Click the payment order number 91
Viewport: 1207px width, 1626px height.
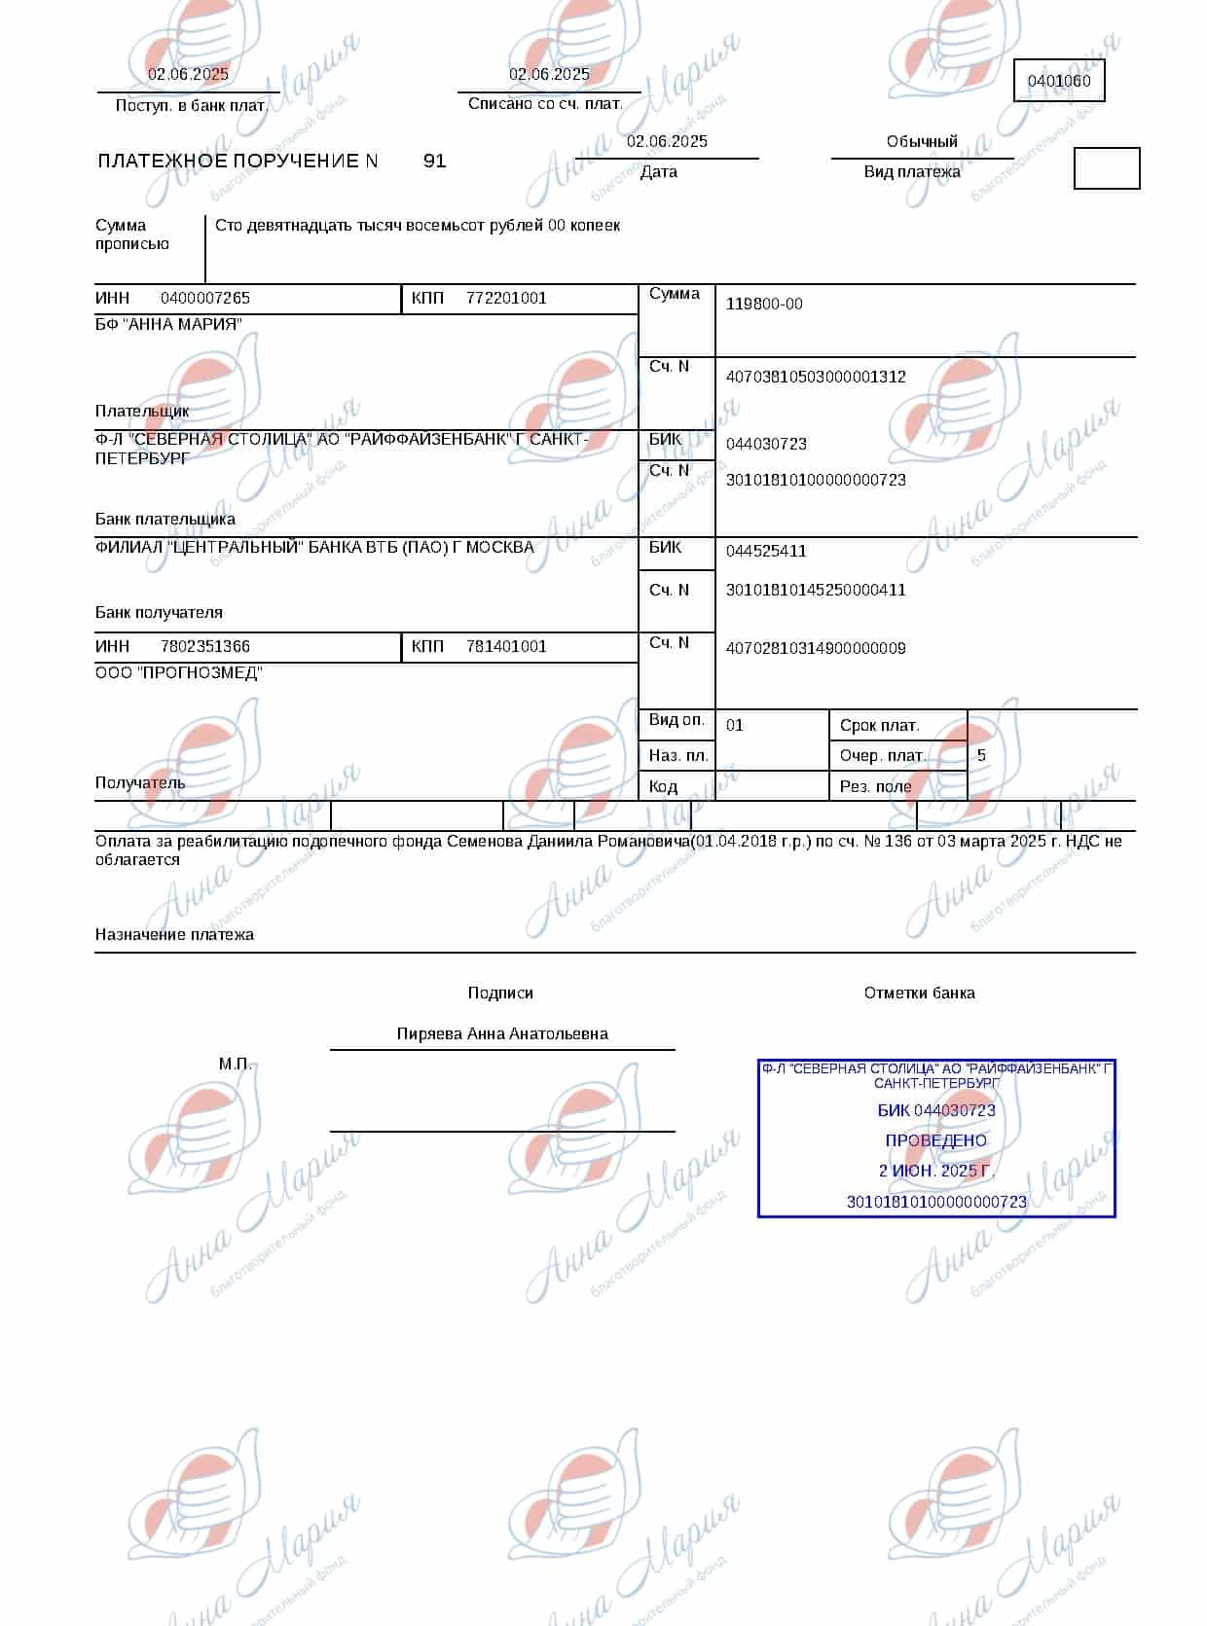pyautogui.click(x=434, y=162)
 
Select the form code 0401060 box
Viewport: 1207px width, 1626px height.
pyautogui.click(x=1059, y=82)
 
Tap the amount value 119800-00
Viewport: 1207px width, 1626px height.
pyautogui.click(x=764, y=305)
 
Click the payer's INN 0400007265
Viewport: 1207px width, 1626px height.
pyautogui.click(x=205, y=299)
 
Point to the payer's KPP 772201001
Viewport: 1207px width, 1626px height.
pyautogui.click(x=506, y=299)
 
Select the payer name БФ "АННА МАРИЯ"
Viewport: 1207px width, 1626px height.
pyautogui.click(x=168, y=325)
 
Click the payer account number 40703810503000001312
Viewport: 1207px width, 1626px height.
pyautogui.click(x=816, y=378)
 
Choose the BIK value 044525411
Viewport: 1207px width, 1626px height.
pyautogui.click(x=766, y=552)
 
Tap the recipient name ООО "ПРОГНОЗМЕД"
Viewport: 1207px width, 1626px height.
pyautogui.click(x=178, y=673)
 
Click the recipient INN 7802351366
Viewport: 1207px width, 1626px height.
pyautogui.click(x=205, y=647)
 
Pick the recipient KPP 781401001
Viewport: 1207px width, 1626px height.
pyautogui.click(x=506, y=647)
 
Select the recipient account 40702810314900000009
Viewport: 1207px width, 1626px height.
pyautogui.click(x=816, y=649)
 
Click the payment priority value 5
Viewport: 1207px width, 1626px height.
pyautogui.click(x=981, y=756)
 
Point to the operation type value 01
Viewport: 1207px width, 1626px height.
pyautogui.click(x=735, y=726)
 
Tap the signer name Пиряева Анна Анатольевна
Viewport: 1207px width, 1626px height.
pyautogui.click(x=502, y=1034)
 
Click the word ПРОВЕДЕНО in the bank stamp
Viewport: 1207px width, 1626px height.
pyautogui.click(x=935, y=1141)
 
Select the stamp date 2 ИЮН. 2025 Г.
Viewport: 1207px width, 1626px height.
pyautogui.click(x=935, y=1172)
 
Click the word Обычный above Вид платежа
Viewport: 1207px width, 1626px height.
pyautogui.click(x=922, y=142)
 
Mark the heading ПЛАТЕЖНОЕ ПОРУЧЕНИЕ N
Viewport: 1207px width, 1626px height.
pyautogui.click(x=238, y=162)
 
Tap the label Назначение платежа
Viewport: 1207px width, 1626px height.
pyautogui.click(x=174, y=935)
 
